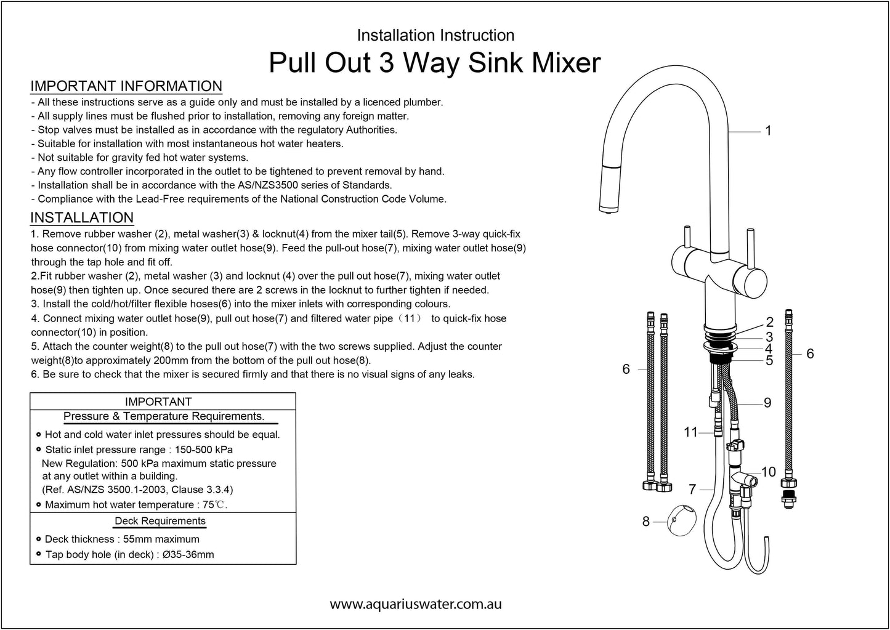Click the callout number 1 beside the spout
(x=768, y=131)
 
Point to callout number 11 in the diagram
(x=690, y=432)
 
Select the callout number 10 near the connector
(x=768, y=472)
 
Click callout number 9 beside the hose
(x=767, y=403)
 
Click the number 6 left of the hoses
(x=626, y=369)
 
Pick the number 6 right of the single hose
(x=810, y=353)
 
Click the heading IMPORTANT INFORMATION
(x=126, y=86)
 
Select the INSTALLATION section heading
(x=82, y=217)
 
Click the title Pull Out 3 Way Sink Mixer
(x=435, y=63)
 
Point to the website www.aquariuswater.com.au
(x=416, y=604)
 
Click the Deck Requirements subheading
(x=160, y=521)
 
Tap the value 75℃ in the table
(x=217, y=505)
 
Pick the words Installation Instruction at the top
(x=435, y=35)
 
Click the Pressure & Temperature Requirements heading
(x=164, y=416)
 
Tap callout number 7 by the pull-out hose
(x=692, y=490)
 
